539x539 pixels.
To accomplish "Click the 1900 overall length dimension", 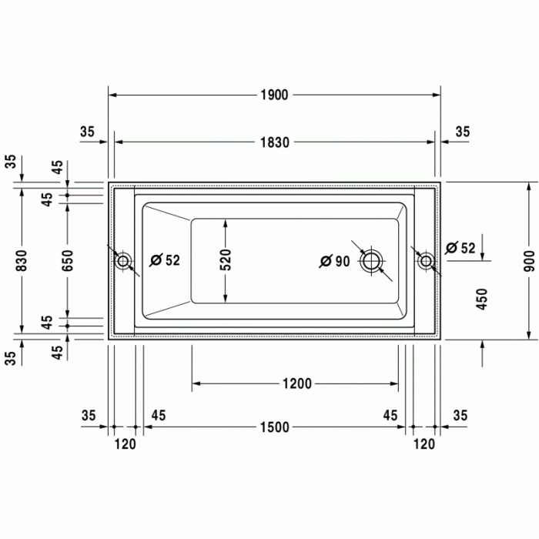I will point(273,95).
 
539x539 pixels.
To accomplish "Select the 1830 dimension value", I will point(273,142).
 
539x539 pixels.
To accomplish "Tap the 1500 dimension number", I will point(273,427).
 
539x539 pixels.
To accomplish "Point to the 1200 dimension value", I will point(296,383).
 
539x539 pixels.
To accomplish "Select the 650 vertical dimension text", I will point(68,261).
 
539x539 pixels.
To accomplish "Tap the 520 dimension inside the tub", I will point(226,261).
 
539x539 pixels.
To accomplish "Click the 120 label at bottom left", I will point(125,444).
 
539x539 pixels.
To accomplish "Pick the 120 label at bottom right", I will point(423,444).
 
